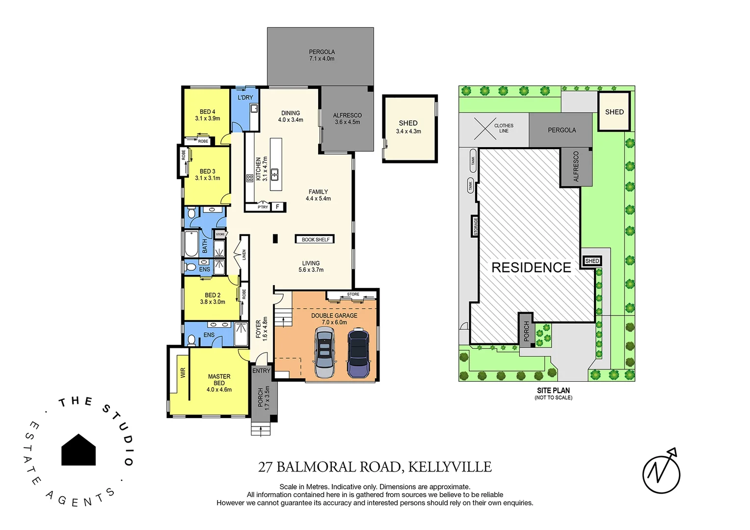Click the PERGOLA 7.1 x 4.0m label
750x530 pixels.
(x=321, y=55)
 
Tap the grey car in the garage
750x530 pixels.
(x=324, y=353)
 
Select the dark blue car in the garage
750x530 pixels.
(x=358, y=353)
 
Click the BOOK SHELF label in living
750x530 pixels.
(x=315, y=239)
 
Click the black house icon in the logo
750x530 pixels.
(x=79, y=450)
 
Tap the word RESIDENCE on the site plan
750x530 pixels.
(x=531, y=267)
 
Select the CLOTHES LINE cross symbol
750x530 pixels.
(x=484, y=129)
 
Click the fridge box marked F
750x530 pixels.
(x=278, y=207)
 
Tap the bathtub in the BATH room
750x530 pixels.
(x=191, y=244)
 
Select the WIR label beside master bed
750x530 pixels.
(x=183, y=373)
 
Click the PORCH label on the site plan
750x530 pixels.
(x=526, y=331)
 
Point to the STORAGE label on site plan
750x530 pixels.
(x=475, y=226)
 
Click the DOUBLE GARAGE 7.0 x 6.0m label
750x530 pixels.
(x=334, y=319)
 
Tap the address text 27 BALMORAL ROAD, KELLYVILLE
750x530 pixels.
(x=375, y=467)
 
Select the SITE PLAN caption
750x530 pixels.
(x=553, y=391)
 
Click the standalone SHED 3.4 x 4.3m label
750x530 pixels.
(x=408, y=127)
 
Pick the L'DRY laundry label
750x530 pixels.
(x=245, y=97)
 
